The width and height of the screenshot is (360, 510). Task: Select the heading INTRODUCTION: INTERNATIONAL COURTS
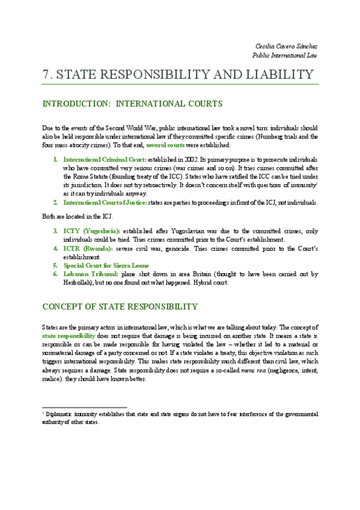click(x=132, y=104)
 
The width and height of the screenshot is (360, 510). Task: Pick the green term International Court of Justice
click(x=105, y=203)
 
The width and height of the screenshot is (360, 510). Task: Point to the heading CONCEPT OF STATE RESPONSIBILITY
click(x=120, y=307)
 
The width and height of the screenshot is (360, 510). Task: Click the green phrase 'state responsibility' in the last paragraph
click(x=69, y=335)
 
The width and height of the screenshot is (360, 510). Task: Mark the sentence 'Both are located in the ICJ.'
click(x=75, y=217)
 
